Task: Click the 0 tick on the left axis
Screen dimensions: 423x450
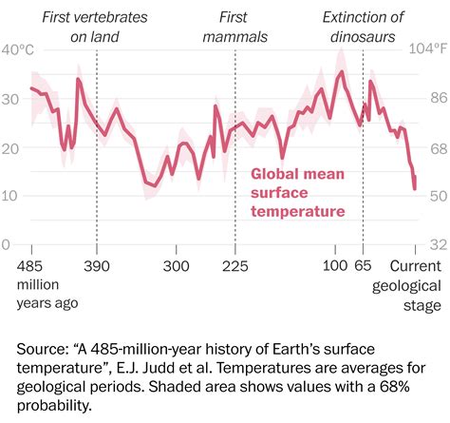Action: point(9,244)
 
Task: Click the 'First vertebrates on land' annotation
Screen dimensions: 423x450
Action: point(98,26)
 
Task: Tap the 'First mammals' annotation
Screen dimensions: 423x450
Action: point(233,26)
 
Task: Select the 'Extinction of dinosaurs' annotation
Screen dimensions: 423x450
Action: point(364,26)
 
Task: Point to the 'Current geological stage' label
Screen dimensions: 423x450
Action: point(417,283)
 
